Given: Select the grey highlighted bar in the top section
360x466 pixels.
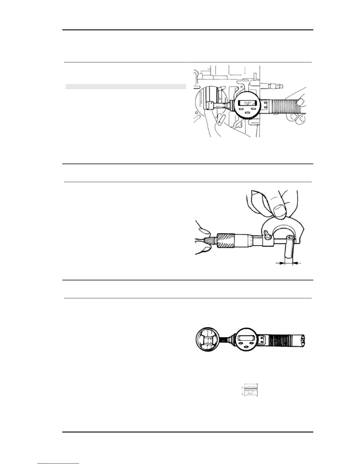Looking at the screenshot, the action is pos(126,86).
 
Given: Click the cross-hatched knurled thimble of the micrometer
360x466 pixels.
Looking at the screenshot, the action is pos(226,241).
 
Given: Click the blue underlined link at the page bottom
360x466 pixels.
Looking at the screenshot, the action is pos(58,464).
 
